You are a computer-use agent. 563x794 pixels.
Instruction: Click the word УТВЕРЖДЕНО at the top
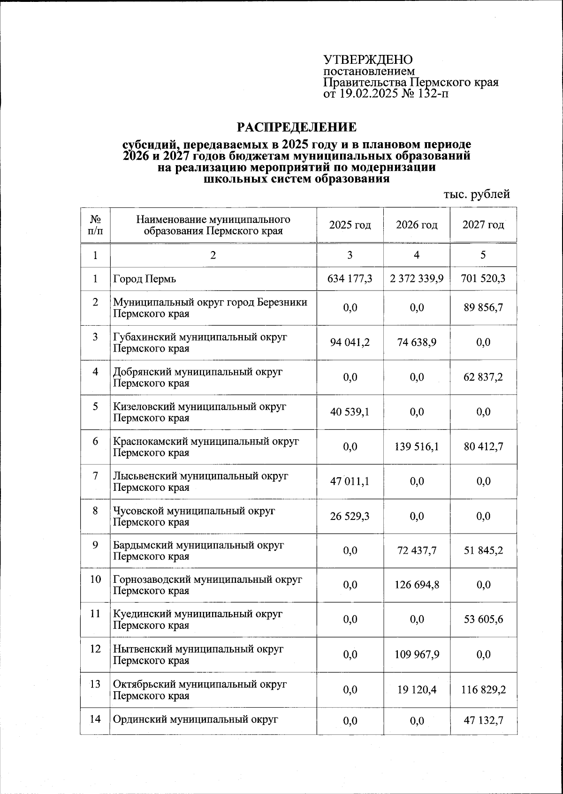(368, 60)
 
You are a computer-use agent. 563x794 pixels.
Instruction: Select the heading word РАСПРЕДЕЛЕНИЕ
(296, 127)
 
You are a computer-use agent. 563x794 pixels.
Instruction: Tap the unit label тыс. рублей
(477, 194)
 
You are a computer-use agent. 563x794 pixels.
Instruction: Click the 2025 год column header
(350, 225)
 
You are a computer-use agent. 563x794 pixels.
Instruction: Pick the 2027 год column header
(483, 225)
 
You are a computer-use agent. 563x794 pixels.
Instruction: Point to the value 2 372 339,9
(417, 279)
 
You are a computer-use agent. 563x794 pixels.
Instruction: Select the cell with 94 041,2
(350, 343)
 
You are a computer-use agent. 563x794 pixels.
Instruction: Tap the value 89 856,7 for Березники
(483, 308)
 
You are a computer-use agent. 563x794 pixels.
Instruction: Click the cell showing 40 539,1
(350, 412)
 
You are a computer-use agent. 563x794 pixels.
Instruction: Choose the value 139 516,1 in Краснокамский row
(417, 447)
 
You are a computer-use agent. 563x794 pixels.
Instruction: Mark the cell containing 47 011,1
(350, 481)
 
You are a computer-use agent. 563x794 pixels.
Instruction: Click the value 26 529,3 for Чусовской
(350, 516)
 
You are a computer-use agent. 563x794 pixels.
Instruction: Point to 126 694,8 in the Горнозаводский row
(417, 585)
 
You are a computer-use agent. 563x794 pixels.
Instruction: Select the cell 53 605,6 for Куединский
(483, 619)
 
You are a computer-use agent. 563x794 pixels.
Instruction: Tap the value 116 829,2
(483, 690)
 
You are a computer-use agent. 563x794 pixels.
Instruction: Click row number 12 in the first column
(95, 649)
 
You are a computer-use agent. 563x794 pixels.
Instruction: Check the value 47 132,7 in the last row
(483, 720)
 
